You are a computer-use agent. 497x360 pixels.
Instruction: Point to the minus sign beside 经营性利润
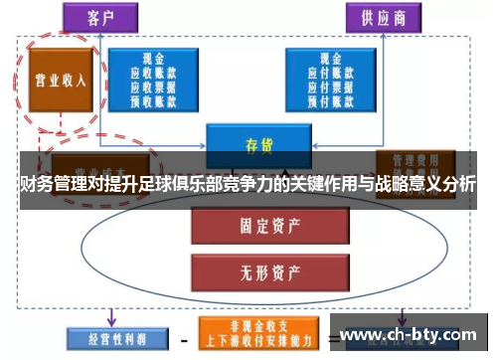183,339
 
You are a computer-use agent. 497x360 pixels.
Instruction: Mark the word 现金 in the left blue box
152,58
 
